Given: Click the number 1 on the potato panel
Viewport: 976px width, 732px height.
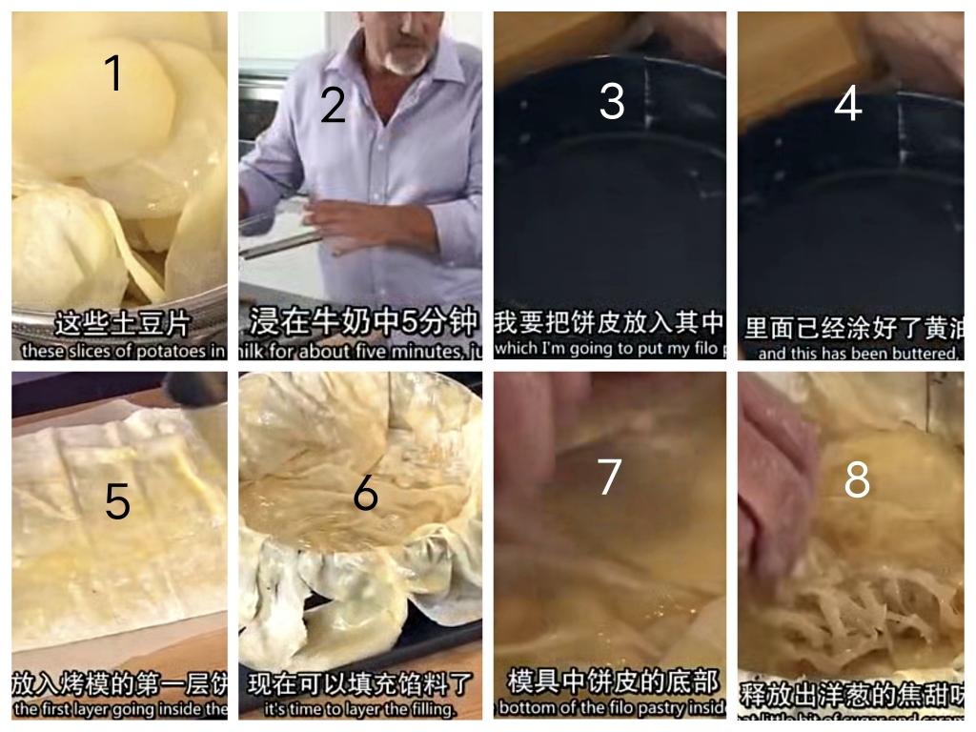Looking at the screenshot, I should (113, 73).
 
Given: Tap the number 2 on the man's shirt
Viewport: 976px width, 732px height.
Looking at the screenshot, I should (333, 105).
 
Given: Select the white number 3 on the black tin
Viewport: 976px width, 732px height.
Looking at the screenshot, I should (611, 101).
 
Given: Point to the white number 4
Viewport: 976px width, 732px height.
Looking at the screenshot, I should (847, 105).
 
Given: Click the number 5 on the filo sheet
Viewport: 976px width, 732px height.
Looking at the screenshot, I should (117, 501).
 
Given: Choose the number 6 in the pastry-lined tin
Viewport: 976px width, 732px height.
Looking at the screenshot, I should (365, 493).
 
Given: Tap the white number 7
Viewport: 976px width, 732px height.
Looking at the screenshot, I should (609, 477).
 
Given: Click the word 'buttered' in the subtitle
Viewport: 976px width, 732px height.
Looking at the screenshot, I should (917, 353).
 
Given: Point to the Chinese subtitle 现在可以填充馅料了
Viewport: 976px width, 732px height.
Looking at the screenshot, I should (360, 684).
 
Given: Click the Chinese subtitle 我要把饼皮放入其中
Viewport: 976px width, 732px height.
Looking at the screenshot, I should (610, 323).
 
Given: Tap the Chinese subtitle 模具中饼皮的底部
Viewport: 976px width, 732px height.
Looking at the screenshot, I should (611, 682).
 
